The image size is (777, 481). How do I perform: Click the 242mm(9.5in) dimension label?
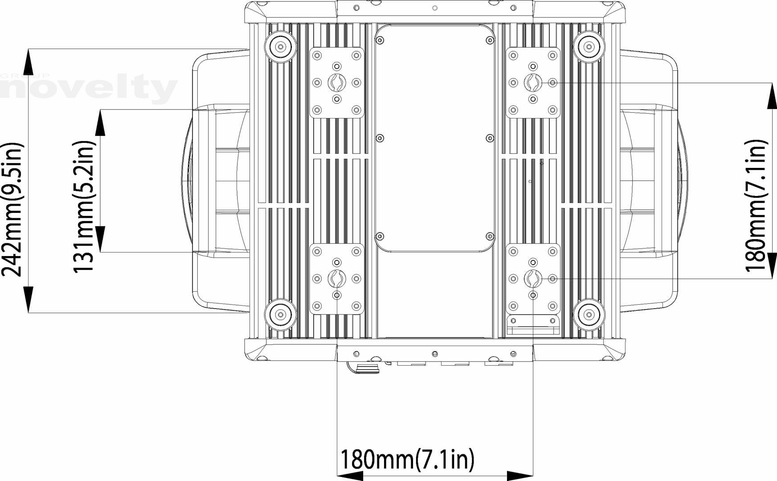coord(12,209)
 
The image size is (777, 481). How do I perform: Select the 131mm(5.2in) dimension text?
coord(84,207)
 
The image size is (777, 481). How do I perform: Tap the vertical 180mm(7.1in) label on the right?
coord(756,206)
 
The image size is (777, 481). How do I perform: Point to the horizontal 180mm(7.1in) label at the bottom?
coord(407,459)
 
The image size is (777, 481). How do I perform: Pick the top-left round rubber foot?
coord(280,46)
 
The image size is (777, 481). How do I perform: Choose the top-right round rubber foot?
coord(589,46)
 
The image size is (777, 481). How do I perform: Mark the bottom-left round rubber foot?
coord(280,315)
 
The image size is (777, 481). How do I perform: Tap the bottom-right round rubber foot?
coord(589,315)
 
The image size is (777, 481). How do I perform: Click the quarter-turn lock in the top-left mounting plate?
coord(336,82)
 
